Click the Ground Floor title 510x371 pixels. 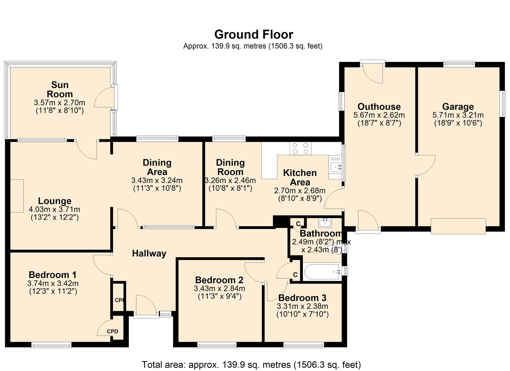[x=253, y=34]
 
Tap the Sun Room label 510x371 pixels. [x=60, y=89]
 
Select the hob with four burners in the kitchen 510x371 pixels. [x=300, y=149]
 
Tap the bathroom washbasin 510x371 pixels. [x=325, y=223]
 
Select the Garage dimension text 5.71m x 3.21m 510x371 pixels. [x=458, y=115]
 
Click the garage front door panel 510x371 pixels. [x=458, y=226]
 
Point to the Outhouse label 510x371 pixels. [x=379, y=106]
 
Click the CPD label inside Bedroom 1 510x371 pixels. [x=112, y=331]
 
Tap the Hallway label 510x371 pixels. [x=149, y=253]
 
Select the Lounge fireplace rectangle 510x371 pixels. [x=17, y=196]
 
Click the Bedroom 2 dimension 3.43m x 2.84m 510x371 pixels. [x=219, y=289]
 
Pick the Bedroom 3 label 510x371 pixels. [x=302, y=298]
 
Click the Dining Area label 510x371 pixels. [x=157, y=167]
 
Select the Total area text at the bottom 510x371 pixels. [x=251, y=364]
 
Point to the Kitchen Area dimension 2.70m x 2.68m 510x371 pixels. [x=300, y=191]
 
